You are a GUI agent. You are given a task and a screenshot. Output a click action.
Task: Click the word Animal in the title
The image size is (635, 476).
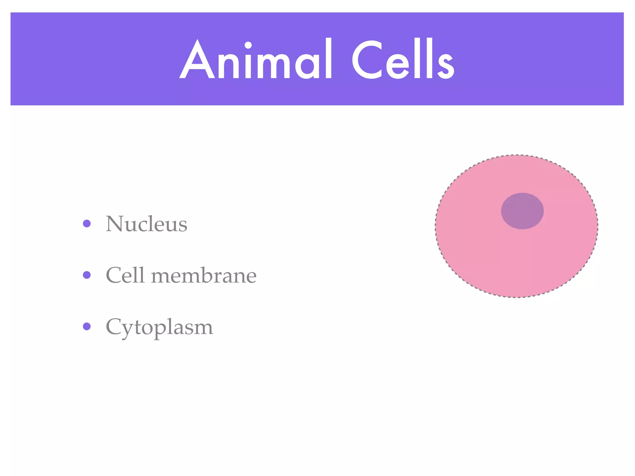[x=256, y=59]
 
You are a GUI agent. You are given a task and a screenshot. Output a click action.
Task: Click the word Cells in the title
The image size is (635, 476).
[x=403, y=59]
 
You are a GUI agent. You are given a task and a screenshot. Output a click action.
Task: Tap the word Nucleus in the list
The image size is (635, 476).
[x=146, y=224]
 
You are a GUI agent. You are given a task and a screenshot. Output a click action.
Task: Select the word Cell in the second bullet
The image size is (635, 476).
[x=125, y=275]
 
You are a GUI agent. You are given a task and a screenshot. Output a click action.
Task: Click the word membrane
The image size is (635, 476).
[x=204, y=275]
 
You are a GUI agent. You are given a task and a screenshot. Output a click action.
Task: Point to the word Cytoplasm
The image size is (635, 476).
[x=159, y=327]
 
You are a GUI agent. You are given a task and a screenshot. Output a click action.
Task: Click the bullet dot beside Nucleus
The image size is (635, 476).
[x=87, y=223]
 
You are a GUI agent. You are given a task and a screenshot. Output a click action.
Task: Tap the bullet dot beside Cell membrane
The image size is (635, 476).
[x=87, y=275]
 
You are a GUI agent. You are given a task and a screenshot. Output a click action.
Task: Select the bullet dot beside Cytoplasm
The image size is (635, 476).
[x=87, y=326]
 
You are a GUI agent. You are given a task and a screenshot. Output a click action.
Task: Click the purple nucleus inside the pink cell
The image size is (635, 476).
[x=522, y=211]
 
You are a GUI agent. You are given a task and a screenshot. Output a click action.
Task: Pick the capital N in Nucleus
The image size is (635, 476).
[x=115, y=224]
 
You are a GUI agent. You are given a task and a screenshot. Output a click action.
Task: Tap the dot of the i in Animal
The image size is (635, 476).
[x=248, y=46]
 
